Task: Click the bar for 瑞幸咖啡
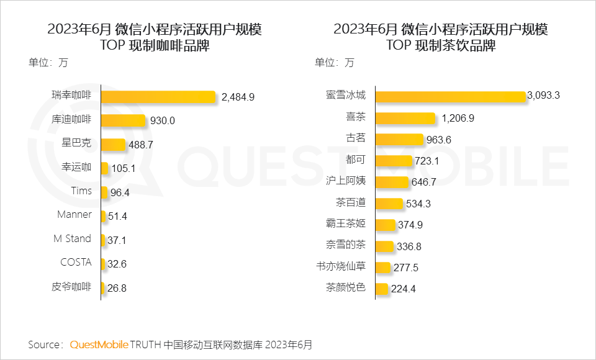click(158, 96)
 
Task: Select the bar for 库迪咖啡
click(123, 120)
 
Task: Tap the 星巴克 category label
click(76, 143)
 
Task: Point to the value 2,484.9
click(238, 97)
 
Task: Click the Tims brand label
click(81, 191)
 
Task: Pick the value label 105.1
click(125, 168)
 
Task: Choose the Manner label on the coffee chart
click(74, 215)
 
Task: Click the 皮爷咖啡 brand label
click(71, 287)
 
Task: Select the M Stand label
click(73, 239)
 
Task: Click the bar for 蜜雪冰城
click(451, 96)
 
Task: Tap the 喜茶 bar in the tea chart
click(405, 118)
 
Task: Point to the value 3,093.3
click(544, 96)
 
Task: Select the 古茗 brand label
click(356, 138)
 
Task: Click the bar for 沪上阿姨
click(392, 182)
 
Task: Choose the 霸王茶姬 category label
click(346, 223)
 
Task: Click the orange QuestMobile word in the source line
click(99, 344)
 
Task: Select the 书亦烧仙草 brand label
click(341, 266)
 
